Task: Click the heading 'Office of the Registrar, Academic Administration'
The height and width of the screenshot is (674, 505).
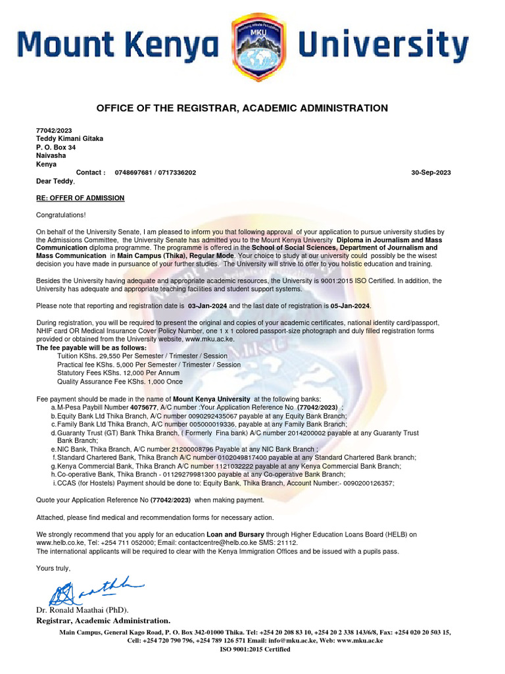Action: (x=242, y=108)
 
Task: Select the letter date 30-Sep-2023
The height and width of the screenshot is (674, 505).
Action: (x=431, y=172)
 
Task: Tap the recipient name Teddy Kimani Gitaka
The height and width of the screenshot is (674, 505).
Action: (x=69, y=139)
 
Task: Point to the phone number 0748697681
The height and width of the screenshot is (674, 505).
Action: (x=133, y=172)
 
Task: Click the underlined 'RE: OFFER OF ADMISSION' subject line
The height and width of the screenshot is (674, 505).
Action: (x=80, y=198)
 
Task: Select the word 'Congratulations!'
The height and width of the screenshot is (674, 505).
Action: (x=60, y=215)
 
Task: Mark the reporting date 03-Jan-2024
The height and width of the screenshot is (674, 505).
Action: (x=207, y=306)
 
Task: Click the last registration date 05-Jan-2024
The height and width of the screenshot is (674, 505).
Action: (x=350, y=306)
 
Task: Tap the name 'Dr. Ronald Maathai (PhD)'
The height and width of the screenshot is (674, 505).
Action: (x=82, y=610)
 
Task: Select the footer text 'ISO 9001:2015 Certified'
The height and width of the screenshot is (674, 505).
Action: (x=254, y=649)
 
